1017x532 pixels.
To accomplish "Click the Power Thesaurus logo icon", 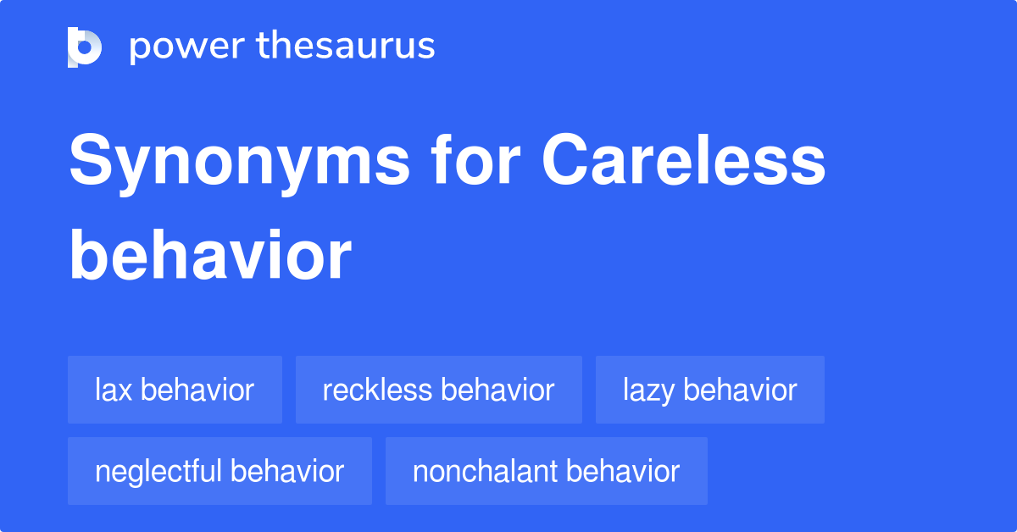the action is click(x=85, y=47).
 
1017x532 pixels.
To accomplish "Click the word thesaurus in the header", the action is click(x=346, y=45).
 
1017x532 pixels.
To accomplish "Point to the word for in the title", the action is click(x=475, y=159).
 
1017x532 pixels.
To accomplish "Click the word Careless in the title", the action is click(x=683, y=159).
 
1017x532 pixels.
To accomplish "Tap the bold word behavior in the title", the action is click(x=210, y=255).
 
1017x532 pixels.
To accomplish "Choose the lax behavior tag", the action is click(x=175, y=390).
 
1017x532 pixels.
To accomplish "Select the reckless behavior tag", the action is click(x=439, y=390).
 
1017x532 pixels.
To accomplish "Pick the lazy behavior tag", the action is click(x=710, y=390).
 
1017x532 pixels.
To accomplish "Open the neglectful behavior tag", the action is click(x=220, y=471).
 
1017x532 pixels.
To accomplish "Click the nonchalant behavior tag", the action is click(x=546, y=471).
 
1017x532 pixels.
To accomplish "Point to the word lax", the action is click(x=114, y=390).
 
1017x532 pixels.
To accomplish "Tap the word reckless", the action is click(x=377, y=390).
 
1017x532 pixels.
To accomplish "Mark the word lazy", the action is click(x=648, y=391).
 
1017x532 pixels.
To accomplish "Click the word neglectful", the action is click(x=158, y=472).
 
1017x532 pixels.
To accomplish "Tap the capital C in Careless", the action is click(x=564, y=159).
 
